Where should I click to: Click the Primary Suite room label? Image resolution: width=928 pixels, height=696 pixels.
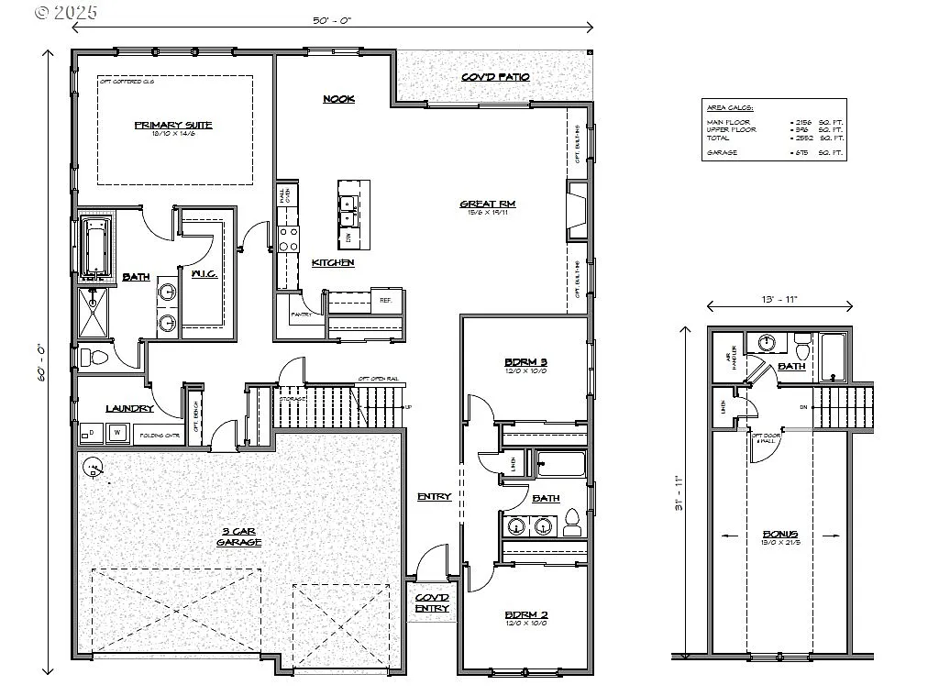pos(173,125)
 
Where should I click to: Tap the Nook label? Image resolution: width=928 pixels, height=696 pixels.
pos(338,99)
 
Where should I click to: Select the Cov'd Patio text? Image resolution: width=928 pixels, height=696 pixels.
pos(495,77)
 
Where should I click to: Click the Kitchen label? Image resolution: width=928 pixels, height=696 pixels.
pos(332,263)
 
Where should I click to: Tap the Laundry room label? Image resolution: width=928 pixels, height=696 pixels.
pos(129,408)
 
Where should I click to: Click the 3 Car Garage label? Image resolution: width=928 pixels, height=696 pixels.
pos(240,536)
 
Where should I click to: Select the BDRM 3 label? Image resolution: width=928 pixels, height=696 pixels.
pos(525,360)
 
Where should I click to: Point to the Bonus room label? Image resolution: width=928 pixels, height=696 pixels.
pos(780,534)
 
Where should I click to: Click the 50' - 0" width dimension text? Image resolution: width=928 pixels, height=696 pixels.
pos(333,19)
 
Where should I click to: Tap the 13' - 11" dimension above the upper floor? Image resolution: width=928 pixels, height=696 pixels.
pos(780,299)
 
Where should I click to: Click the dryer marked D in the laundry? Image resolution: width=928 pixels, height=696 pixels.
pos(92,433)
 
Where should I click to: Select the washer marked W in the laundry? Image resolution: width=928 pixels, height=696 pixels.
pos(117,433)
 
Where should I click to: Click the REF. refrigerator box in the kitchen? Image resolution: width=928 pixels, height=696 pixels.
pos(385,300)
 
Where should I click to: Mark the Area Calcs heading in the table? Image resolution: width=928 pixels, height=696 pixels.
pos(724,107)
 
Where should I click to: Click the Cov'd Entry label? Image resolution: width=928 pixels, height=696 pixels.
pos(432,603)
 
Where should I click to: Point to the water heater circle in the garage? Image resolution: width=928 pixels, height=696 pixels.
pos(92,469)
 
